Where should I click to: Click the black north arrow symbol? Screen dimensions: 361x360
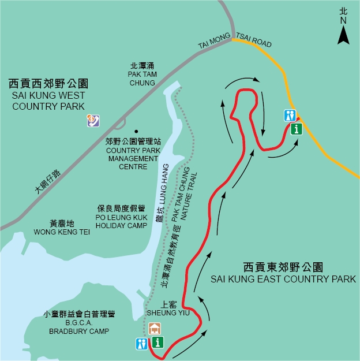click(343, 35)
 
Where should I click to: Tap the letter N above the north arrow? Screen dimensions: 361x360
click(343, 21)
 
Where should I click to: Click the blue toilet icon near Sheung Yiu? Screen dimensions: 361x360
click(142, 344)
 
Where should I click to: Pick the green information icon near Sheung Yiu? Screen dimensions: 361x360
click(158, 343)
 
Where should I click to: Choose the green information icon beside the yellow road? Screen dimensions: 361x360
click(297, 129)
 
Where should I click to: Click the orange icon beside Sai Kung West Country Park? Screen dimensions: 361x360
click(92, 121)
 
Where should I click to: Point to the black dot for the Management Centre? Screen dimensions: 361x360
click(137, 131)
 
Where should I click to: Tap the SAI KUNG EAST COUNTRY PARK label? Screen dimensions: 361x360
click(283, 279)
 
